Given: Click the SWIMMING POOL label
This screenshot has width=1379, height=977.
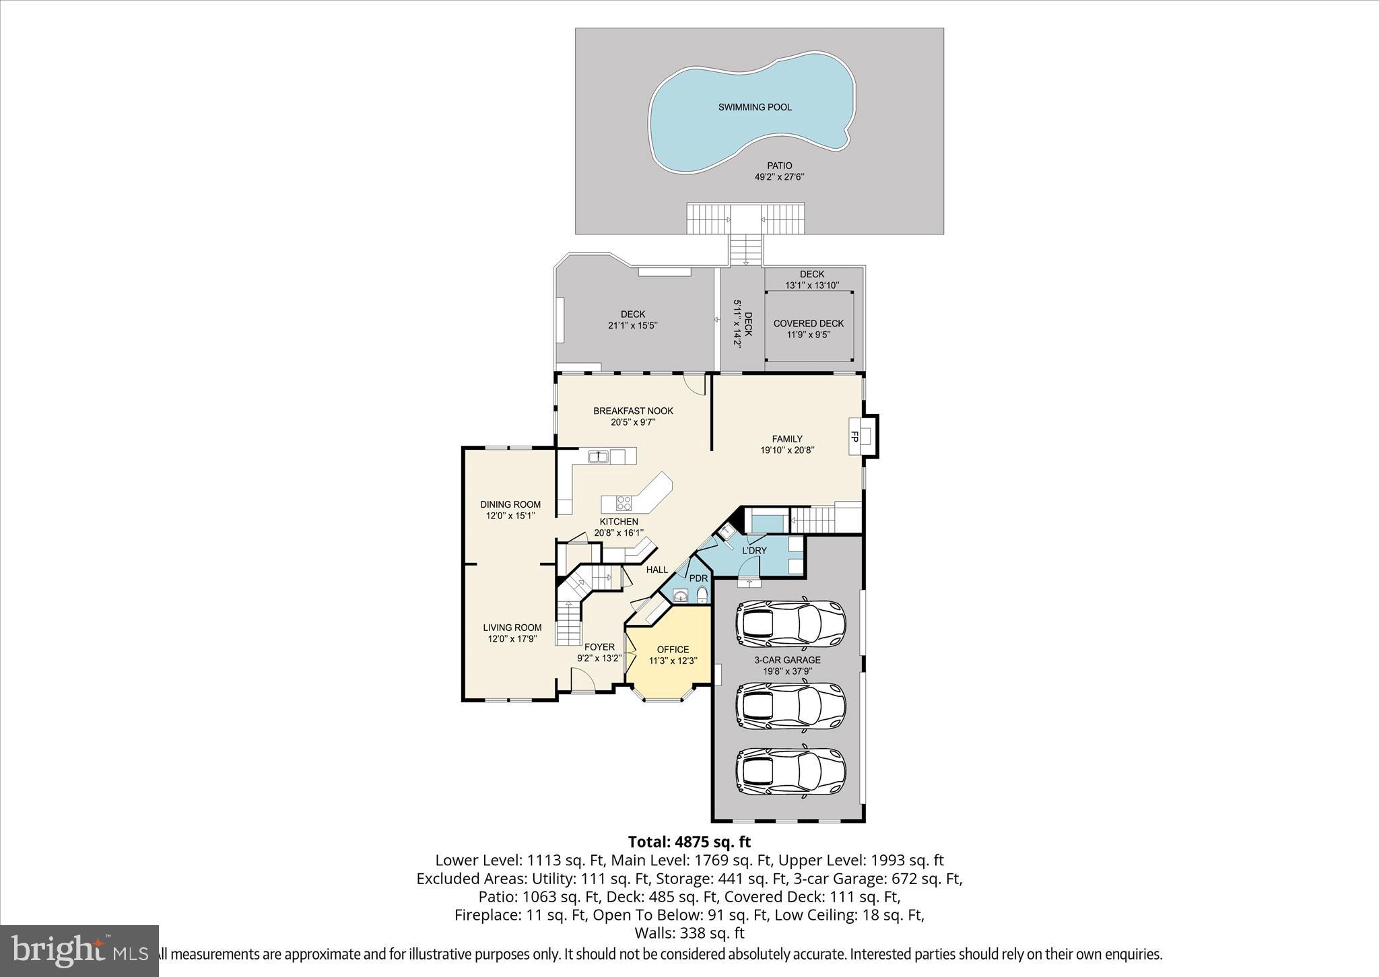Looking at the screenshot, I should point(754,107).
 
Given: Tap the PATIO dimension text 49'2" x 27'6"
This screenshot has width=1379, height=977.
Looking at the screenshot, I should point(780,177).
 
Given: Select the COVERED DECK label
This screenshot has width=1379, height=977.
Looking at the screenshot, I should point(808,323).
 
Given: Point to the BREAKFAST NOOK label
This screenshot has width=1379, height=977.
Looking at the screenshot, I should point(633,411).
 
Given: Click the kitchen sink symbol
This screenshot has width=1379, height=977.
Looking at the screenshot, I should point(598,457).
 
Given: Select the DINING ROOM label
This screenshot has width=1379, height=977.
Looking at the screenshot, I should point(510,504).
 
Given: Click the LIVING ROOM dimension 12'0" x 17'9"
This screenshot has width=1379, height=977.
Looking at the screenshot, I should point(512,639).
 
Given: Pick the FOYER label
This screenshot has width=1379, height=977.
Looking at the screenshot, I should point(599,647).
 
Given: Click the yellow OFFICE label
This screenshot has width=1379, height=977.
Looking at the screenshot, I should point(673,649).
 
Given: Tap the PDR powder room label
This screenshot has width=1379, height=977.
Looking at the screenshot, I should point(698,578).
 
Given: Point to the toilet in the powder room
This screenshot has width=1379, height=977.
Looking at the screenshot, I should point(702,595).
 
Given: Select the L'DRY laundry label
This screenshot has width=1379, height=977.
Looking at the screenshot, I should point(754,550).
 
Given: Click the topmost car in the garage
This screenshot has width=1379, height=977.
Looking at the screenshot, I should point(790,623).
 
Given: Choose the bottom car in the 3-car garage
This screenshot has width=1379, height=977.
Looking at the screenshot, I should point(790,772).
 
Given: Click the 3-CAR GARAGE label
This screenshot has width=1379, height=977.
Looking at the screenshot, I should point(787,660).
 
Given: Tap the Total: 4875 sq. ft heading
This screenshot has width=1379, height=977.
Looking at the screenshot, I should point(689,842).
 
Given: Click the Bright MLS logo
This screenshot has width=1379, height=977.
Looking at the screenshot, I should point(79,950).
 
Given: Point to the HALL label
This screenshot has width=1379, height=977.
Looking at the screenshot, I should point(657,570).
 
